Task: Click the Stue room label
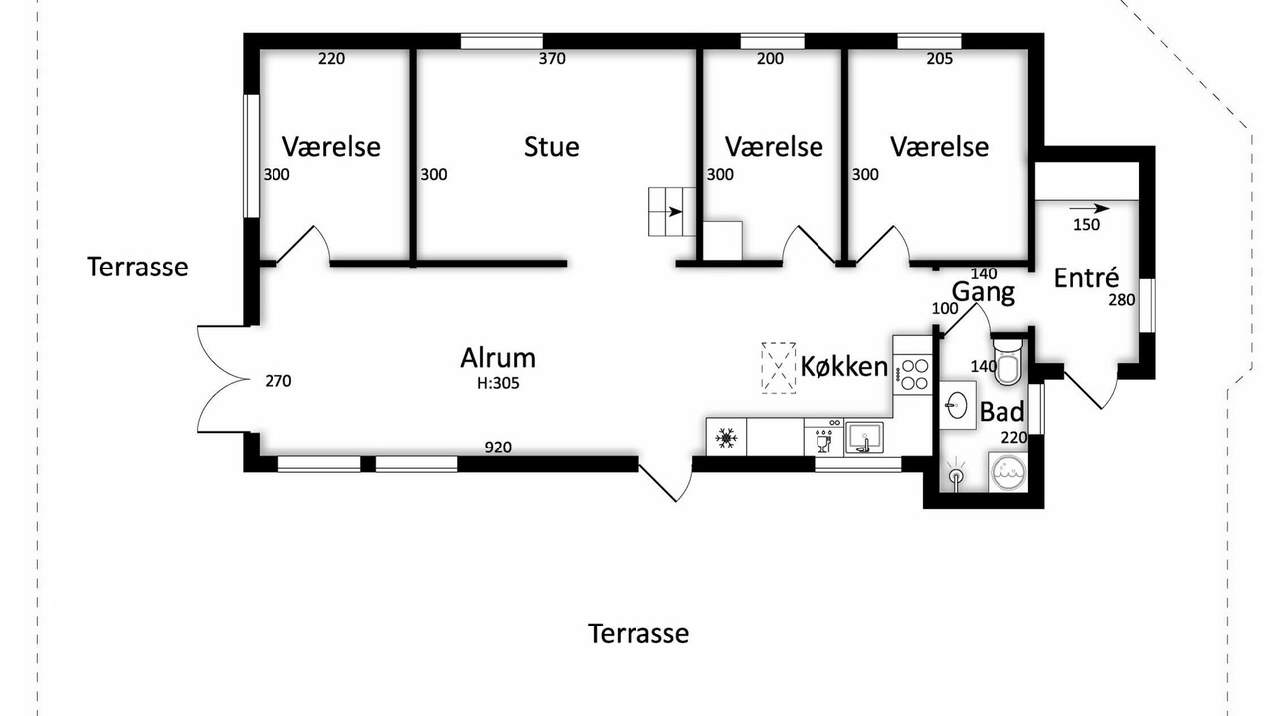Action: point(551,147)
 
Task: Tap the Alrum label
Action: point(498,358)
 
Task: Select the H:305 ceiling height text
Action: point(498,384)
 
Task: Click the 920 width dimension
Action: point(498,447)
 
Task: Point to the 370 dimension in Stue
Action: point(552,58)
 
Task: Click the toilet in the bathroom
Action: point(1007,362)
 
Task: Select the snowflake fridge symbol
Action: point(726,439)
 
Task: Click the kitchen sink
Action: point(864,439)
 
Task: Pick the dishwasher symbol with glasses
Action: point(822,439)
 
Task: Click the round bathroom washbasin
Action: point(957,405)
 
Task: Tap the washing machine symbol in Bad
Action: point(1007,471)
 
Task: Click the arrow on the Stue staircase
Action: point(674,212)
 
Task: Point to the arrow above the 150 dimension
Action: point(1089,209)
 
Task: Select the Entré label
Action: point(1086,278)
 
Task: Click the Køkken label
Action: point(844,367)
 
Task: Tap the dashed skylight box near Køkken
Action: point(778,368)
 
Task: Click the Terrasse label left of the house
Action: point(137,268)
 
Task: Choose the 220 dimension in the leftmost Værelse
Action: point(331,58)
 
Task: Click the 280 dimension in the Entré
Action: point(1121,300)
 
